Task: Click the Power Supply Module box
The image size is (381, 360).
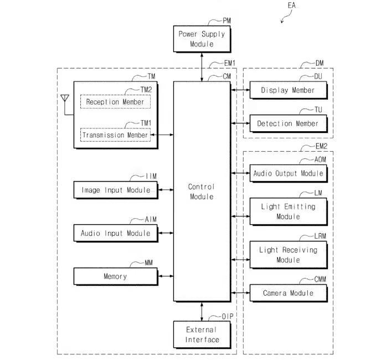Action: coord(202,39)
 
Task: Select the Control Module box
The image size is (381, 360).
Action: coord(202,192)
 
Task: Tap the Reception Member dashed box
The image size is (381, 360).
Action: coord(115,102)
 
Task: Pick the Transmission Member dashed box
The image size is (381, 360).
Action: coord(115,135)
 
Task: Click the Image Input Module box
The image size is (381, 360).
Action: coord(116,190)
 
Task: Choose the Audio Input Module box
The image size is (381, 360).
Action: coord(116,233)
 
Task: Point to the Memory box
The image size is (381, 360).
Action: coord(116,276)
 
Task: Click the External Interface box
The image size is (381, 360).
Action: coord(202,335)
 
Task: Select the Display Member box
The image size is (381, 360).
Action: coord(288,90)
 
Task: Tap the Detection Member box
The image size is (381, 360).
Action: coord(288,124)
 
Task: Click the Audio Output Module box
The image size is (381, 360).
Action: coord(288,173)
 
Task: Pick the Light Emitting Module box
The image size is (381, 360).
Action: coord(288,211)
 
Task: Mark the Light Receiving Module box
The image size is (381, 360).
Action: coord(288,254)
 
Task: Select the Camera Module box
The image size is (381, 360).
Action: coord(288,293)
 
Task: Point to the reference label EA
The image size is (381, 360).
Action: coord(291,6)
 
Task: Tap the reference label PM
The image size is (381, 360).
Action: coord(227,20)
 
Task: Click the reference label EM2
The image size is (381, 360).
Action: coord(321,146)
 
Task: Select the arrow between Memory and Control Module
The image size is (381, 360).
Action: coord(166,276)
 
